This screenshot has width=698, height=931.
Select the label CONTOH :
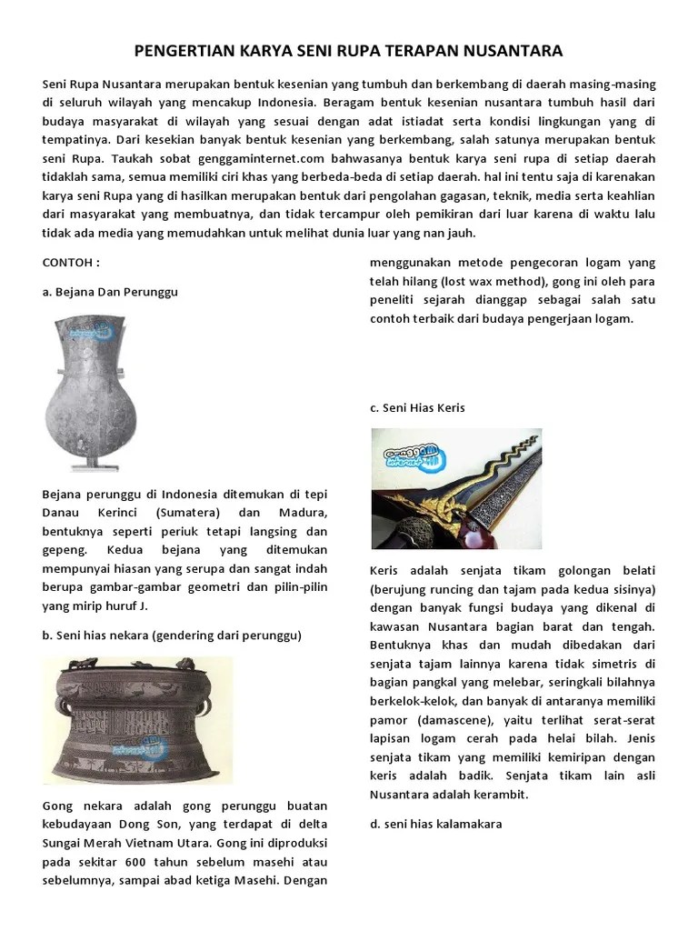(71, 263)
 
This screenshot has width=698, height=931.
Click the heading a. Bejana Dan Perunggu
(110, 292)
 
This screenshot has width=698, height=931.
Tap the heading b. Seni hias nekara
(172, 635)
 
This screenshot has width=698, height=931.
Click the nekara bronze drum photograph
(137, 718)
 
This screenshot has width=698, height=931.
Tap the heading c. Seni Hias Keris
(417, 407)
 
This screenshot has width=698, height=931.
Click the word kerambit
(497, 795)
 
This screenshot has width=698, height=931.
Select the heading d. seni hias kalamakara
(435, 824)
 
